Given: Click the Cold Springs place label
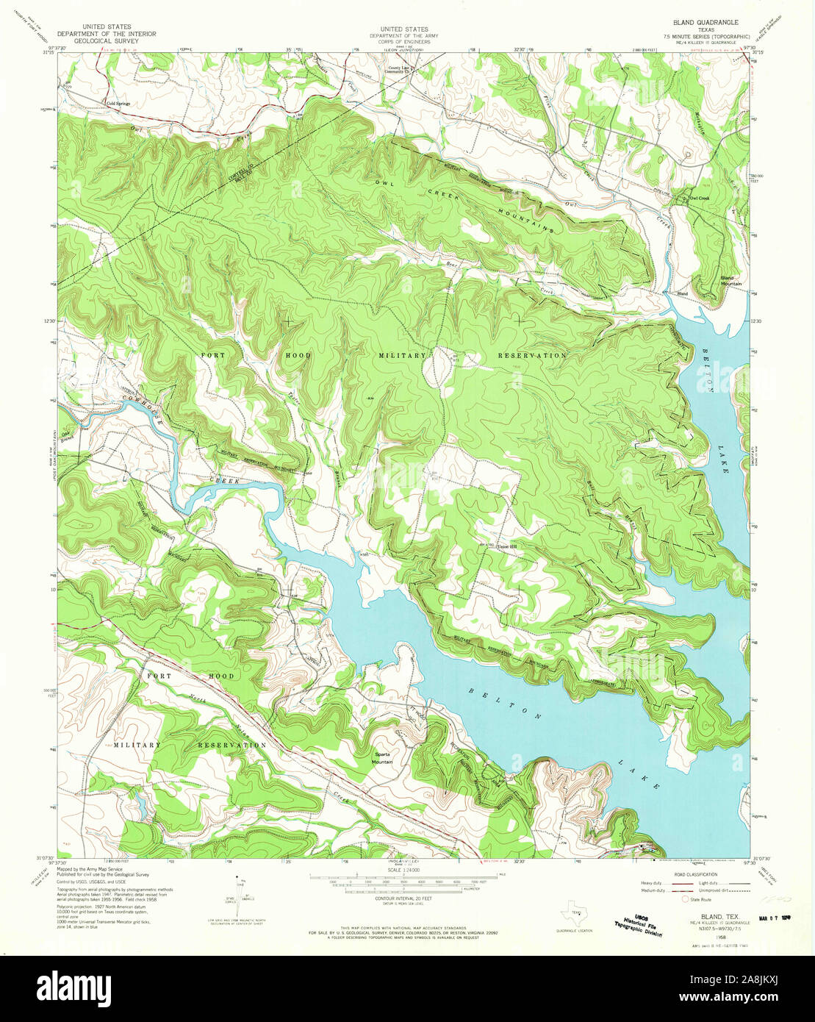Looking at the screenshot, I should click(x=118, y=104).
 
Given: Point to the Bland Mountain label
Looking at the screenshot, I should click(x=731, y=279).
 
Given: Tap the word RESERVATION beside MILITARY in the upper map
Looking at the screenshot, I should click(x=532, y=355).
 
